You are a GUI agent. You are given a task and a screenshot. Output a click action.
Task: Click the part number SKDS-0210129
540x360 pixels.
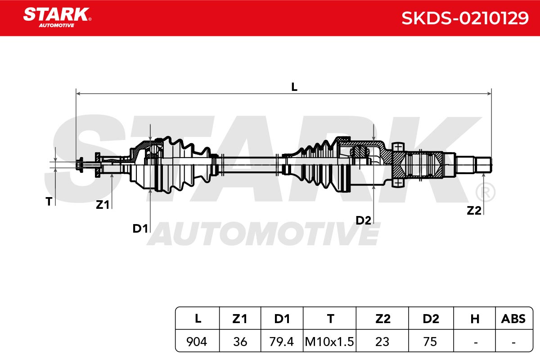pyautogui.click(x=465, y=18)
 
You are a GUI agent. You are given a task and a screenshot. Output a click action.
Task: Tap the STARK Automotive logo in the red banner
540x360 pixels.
pyautogui.click(x=57, y=18)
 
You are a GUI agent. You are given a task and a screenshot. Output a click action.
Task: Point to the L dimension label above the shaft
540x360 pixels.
pyautogui.click(x=294, y=87)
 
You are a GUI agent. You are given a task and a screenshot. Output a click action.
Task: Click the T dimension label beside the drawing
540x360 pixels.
pyautogui.click(x=49, y=201)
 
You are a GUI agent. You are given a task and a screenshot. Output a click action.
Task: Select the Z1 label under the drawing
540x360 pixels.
pyautogui.click(x=103, y=205)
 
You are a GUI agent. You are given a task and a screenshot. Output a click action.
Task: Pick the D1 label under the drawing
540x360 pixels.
pyautogui.click(x=140, y=228)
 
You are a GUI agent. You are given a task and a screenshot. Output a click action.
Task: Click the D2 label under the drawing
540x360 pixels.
pyautogui.click(x=363, y=220)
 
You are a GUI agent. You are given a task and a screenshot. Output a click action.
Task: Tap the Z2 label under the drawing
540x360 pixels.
pyautogui.click(x=474, y=211)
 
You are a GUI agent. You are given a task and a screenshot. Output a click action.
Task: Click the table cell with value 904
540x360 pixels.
pyautogui.click(x=197, y=342)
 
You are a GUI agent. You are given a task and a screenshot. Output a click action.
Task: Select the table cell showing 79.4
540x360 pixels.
pyautogui.click(x=281, y=342)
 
